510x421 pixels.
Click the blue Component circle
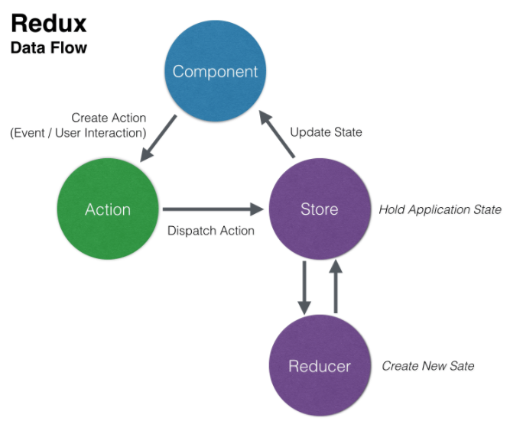pyautogui.click(x=215, y=72)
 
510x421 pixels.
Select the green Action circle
pyautogui.click(x=108, y=209)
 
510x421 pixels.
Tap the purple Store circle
pyautogui.click(x=319, y=209)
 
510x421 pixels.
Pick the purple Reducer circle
pyautogui.click(x=319, y=365)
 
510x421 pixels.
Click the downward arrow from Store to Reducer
pyautogui.click(x=304, y=287)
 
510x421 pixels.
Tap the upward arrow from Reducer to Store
pyautogui.click(x=334, y=287)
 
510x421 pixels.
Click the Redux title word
pyautogui.click(x=48, y=23)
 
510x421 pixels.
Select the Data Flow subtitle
pyautogui.click(x=48, y=48)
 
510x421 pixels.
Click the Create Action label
pyautogui.click(x=109, y=118)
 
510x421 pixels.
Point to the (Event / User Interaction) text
pyautogui.click(x=78, y=133)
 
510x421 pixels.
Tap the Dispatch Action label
pyautogui.click(x=210, y=230)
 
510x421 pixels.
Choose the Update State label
pyautogui.click(x=326, y=132)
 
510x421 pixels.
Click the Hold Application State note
pyautogui.click(x=440, y=209)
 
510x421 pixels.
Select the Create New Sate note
pyautogui.click(x=427, y=366)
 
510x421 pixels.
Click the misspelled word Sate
pyautogui.click(x=460, y=366)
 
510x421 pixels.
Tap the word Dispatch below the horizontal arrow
pyautogui.click(x=191, y=230)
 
